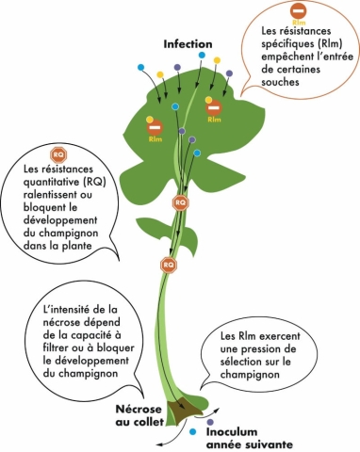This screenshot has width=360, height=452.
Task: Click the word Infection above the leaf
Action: pos(188,44)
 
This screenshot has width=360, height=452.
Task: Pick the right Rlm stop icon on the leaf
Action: pos(214,108)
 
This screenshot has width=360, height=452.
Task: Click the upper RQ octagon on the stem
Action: pos(180,202)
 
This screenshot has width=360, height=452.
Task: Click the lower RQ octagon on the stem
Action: pos(170,265)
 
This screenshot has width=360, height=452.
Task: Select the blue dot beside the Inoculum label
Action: pos(192,430)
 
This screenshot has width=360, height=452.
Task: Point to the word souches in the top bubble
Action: pos(287,82)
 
